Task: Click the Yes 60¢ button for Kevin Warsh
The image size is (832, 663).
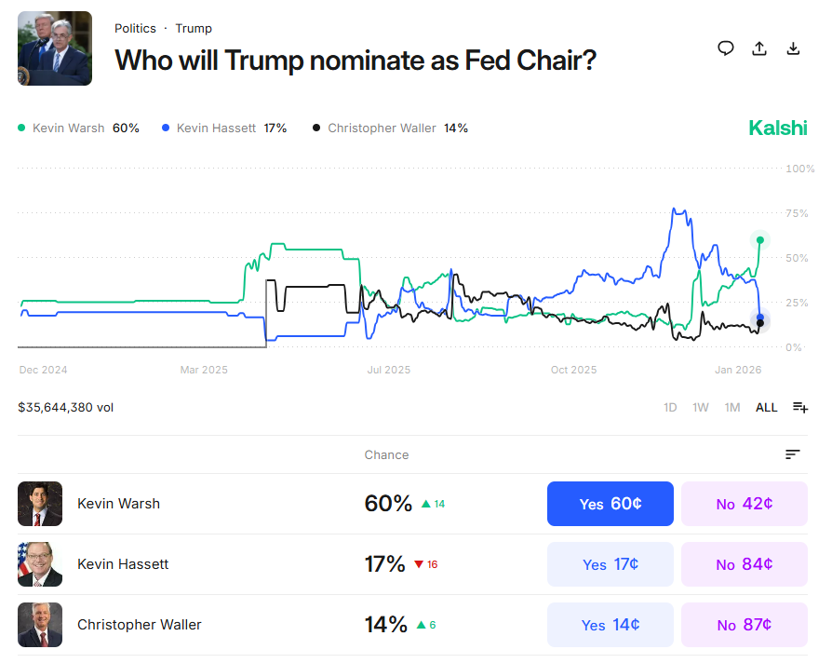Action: [x=610, y=504]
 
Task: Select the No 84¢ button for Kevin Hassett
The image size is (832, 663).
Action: [x=744, y=564]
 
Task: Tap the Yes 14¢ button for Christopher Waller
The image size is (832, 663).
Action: [x=610, y=625]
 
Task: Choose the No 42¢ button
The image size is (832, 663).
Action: [x=744, y=504]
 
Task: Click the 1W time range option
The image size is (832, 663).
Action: [x=701, y=407]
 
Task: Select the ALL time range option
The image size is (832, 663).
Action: [x=766, y=407]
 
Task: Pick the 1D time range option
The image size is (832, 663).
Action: [x=670, y=407]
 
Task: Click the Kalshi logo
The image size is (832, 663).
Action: [x=778, y=129]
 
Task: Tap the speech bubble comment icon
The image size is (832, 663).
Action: [x=726, y=48]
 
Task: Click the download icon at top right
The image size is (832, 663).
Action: [x=794, y=48]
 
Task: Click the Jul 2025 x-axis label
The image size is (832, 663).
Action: [x=388, y=370]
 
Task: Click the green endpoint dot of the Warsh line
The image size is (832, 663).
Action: [x=760, y=240]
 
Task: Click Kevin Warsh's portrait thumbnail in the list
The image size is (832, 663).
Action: [x=40, y=504]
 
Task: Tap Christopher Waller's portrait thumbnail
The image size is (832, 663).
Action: [x=40, y=625]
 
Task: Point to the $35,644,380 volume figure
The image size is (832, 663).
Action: [x=65, y=407]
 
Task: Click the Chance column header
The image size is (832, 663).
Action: [x=386, y=455]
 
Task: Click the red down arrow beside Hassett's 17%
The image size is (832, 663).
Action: [x=419, y=564]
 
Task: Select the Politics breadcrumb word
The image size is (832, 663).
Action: [x=135, y=29]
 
